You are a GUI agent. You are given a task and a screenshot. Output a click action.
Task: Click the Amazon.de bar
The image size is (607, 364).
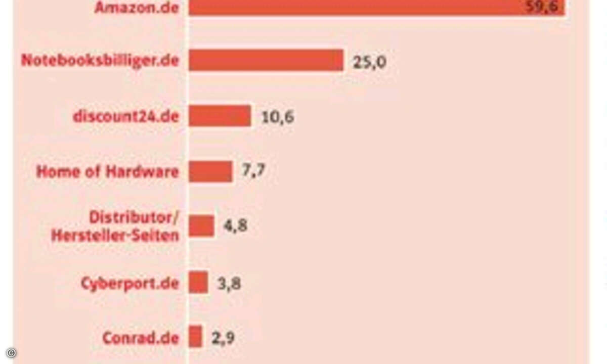pos(377,7)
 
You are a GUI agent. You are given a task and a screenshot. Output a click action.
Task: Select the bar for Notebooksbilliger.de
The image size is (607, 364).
pos(266,61)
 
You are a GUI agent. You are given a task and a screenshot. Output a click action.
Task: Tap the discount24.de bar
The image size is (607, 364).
pos(220,116)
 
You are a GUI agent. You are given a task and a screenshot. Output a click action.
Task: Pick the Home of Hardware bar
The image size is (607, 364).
pos(210,171)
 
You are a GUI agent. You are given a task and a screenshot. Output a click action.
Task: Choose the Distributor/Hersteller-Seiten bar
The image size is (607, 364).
pos(202,226)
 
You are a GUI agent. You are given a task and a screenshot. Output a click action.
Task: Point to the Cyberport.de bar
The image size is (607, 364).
pos(198,282)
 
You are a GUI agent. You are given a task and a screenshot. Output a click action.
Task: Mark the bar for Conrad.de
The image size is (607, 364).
pos(196,337)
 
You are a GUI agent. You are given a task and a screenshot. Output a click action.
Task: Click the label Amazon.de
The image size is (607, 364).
pos(137,8)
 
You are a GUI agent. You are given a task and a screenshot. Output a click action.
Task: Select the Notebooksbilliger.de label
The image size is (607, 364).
pos(100,61)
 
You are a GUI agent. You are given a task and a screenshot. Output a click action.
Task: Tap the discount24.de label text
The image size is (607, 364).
pos(126,116)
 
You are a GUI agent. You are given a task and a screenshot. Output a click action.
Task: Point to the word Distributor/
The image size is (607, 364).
pos(134,217)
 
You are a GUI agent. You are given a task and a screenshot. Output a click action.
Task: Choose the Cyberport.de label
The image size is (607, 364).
pos(130,283)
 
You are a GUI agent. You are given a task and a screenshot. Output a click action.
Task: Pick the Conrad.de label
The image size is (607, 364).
pos(141,338)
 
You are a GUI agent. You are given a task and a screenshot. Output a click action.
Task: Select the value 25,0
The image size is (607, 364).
pos(370,62)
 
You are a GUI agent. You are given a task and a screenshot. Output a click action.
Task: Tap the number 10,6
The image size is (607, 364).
pos(277,117)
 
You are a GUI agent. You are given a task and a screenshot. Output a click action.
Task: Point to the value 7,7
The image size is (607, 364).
pos(253,171)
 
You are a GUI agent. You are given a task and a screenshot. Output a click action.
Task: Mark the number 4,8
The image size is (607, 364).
pos(235,225)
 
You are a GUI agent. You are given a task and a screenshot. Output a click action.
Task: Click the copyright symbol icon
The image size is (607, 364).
pos(11,353)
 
